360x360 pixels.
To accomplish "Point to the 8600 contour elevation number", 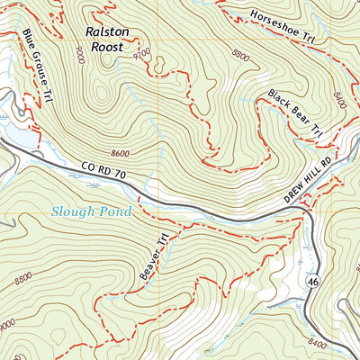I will click(x=128, y=153).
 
